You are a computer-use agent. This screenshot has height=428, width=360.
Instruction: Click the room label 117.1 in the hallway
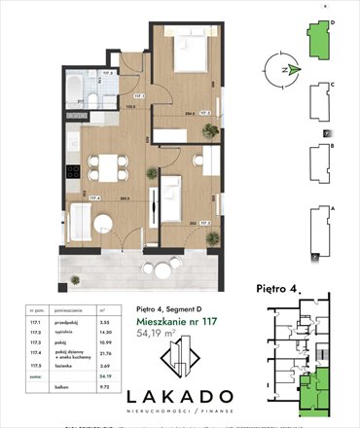tap(138, 95)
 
